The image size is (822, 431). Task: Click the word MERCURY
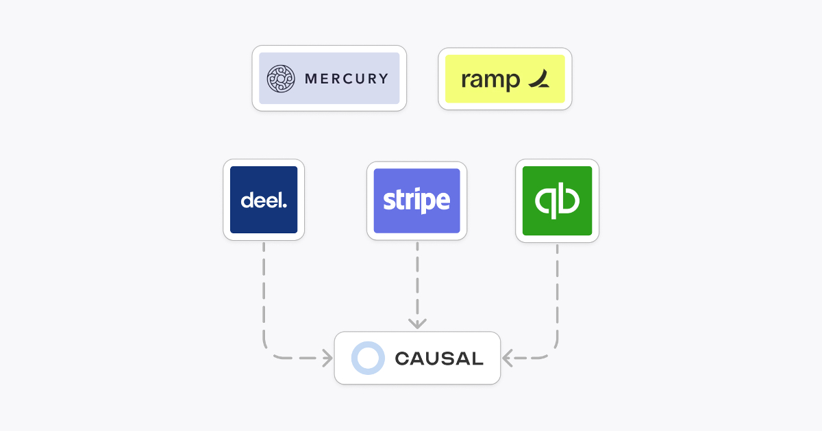pyautogui.click(x=346, y=79)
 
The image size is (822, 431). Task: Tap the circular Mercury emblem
pyautogui.click(x=280, y=79)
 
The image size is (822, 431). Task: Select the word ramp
pyautogui.click(x=490, y=80)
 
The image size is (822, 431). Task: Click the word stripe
pyautogui.click(x=416, y=201)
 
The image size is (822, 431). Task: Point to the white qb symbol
pyautogui.click(x=557, y=201)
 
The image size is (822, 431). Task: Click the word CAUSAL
pyautogui.click(x=439, y=358)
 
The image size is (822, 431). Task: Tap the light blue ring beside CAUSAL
pyautogui.click(x=369, y=358)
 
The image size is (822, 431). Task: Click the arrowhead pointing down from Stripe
pyautogui.click(x=417, y=323)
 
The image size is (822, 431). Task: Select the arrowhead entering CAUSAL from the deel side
pyautogui.click(x=327, y=357)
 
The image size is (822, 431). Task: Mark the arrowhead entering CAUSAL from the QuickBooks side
pyautogui.click(x=508, y=357)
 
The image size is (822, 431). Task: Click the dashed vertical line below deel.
pyautogui.click(x=264, y=287)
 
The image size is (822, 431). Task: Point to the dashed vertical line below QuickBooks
pyautogui.click(x=557, y=287)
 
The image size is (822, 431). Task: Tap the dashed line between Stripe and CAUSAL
pyautogui.click(x=417, y=280)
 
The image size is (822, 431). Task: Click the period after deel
pyautogui.click(x=285, y=205)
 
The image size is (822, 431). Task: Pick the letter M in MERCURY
pyautogui.click(x=310, y=79)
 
